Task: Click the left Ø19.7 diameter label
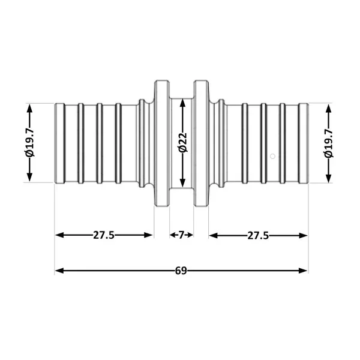[x=30, y=143]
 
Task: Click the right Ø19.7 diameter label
[x=329, y=143]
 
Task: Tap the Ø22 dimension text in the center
[x=183, y=142]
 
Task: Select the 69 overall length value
[x=181, y=271]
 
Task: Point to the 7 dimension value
[x=181, y=235]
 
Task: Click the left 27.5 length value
[x=104, y=235]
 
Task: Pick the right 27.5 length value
[x=258, y=236]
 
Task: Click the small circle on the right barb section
[x=272, y=157]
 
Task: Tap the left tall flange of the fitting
[x=162, y=143]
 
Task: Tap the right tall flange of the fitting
[x=202, y=143]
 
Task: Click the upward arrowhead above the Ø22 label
[x=182, y=103]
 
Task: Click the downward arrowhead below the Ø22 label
[x=182, y=182]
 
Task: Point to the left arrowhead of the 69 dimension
[x=59, y=271]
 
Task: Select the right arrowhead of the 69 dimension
[x=303, y=271]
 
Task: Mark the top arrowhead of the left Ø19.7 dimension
[x=29, y=109]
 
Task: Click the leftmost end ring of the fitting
[x=60, y=143]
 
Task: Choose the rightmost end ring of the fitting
[x=303, y=143]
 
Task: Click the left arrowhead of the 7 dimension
[x=173, y=235]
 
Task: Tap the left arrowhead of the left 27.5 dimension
[x=59, y=235]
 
